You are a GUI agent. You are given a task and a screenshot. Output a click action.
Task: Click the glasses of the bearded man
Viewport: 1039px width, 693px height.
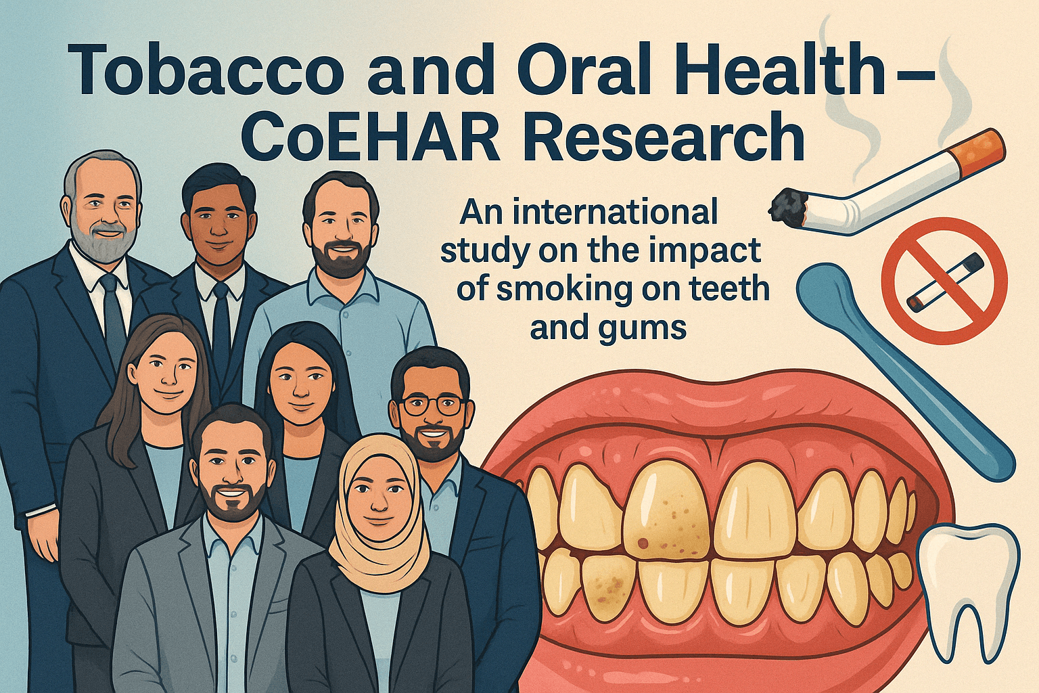tap(433, 405)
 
